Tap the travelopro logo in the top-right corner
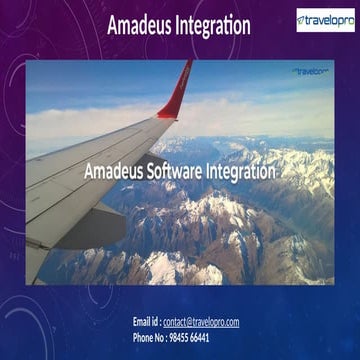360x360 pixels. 324,20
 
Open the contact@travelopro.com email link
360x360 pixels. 201,322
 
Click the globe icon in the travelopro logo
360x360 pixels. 304,20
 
